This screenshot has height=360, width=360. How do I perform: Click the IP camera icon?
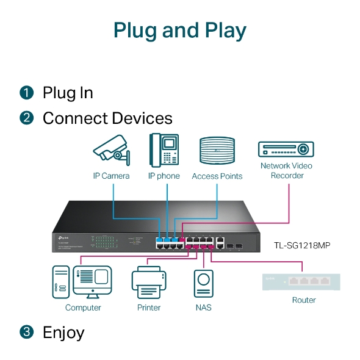tap(112, 150)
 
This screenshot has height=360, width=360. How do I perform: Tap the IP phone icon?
tap(164, 150)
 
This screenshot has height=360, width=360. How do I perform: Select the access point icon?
tap(217, 151)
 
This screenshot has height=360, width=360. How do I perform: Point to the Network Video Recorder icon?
tap(286, 149)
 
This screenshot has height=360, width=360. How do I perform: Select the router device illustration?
tap(301, 281)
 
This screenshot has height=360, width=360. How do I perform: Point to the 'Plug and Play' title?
tap(180, 31)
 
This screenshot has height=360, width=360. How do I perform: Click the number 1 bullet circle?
tap(26, 93)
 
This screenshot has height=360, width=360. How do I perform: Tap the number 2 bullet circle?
tap(26, 118)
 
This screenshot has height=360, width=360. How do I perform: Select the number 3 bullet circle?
tap(26, 333)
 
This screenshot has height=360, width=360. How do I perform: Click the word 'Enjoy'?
tap(63, 333)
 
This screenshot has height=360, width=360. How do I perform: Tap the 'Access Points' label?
tap(217, 176)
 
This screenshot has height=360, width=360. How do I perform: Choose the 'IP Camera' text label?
tap(111, 176)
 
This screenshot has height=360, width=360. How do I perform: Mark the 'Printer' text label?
tap(148, 308)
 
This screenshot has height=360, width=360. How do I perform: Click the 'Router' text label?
tap(304, 300)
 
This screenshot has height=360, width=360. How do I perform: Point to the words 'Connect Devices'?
tap(107, 118)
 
